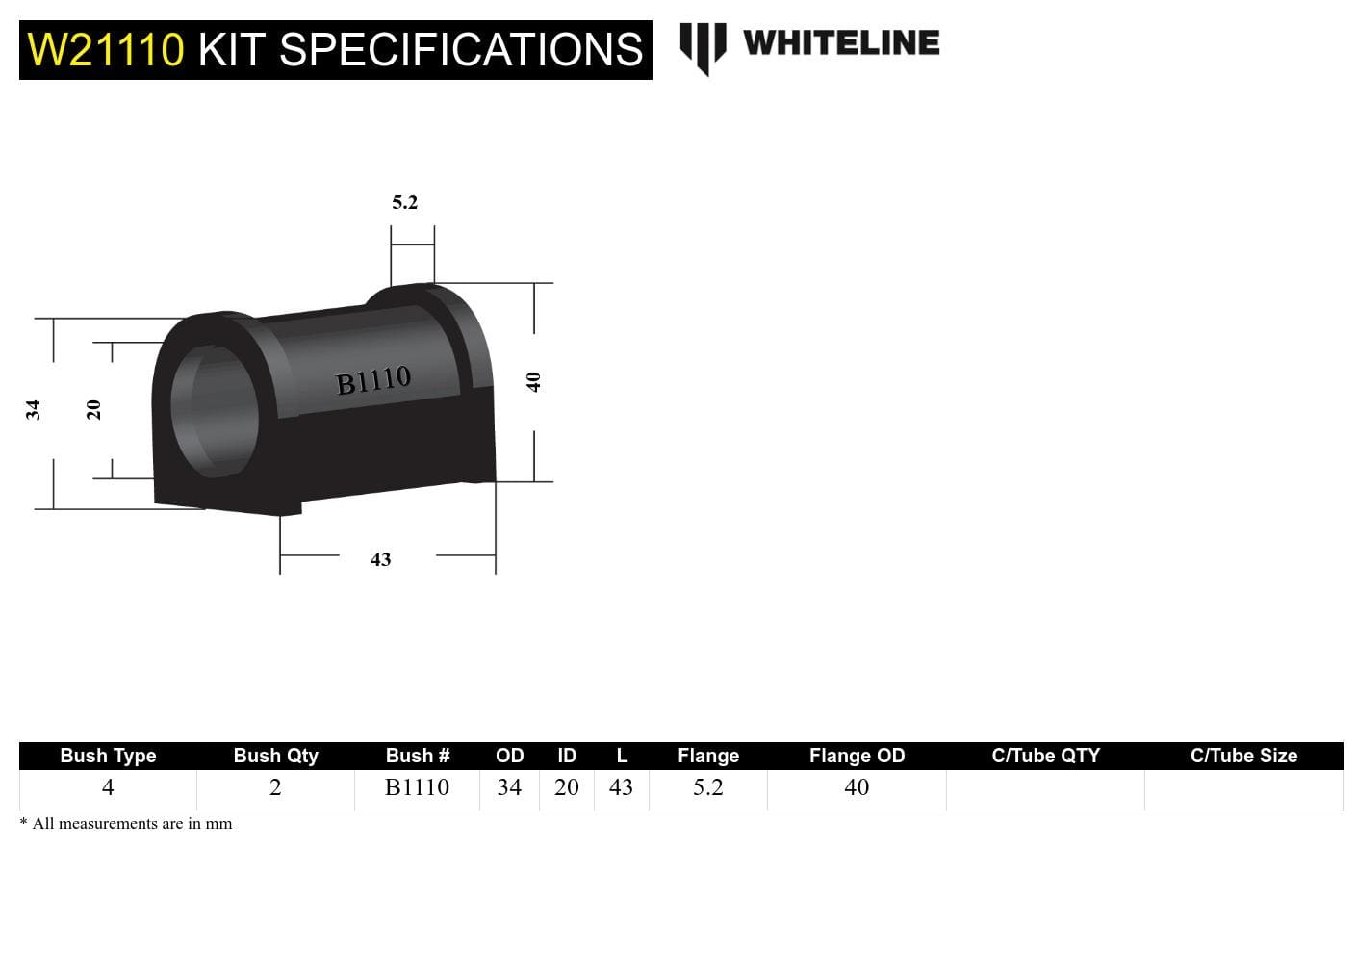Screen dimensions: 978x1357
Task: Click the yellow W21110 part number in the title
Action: click(106, 50)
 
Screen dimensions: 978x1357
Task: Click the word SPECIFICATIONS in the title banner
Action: click(460, 50)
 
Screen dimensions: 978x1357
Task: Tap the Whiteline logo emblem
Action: click(703, 47)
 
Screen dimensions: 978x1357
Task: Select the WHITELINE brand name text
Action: click(841, 43)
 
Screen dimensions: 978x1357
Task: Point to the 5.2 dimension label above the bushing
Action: click(404, 202)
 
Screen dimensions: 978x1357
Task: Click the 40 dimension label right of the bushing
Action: click(533, 382)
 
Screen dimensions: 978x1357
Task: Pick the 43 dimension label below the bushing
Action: click(380, 559)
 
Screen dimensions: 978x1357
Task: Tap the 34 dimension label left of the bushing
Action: click(34, 410)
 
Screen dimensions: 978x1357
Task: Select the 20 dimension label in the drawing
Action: click(93, 410)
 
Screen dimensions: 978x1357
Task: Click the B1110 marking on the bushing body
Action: click(373, 381)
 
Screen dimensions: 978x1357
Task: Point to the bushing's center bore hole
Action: click(216, 410)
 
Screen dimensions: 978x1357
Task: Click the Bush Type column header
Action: click(108, 756)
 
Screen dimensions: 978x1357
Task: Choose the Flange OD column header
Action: click(857, 756)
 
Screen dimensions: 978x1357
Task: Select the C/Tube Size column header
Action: click(1243, 756)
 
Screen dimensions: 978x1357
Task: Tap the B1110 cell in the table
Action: click(417, 787)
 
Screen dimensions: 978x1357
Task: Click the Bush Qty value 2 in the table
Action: click(275, 787)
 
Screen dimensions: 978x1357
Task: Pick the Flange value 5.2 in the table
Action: click(707, 787)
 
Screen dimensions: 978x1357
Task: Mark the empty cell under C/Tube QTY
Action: click(1045, 789)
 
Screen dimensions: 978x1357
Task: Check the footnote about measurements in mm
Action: click(126, 824)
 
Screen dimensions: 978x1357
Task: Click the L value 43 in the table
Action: click(621, 787)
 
